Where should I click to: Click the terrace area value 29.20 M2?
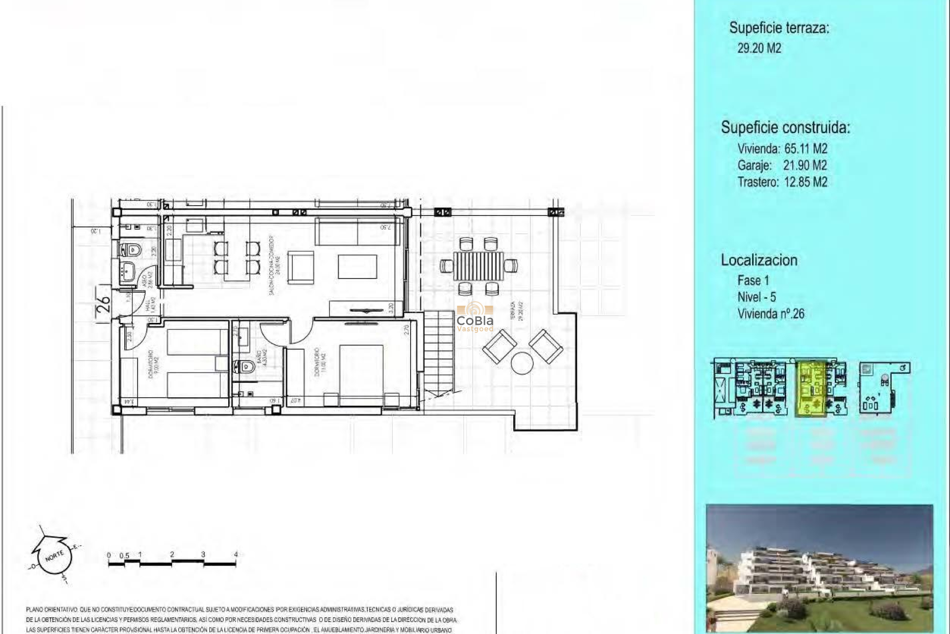(x=759, y=48)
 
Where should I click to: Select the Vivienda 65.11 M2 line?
(x=782, y=149)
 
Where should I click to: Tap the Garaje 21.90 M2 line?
(x=782, y=165)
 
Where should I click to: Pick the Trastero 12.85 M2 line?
(x=782, y=182)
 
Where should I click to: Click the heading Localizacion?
(x=759, y=260)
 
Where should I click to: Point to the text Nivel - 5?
(x=757, y=297)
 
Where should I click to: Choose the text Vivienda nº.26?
(x=770, y=314)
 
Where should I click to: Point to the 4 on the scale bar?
(x=236, y=555)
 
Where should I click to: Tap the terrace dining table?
(x=478, y=265)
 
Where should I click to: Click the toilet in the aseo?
(x=131, y=249)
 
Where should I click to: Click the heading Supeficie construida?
(x=785, y=128)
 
